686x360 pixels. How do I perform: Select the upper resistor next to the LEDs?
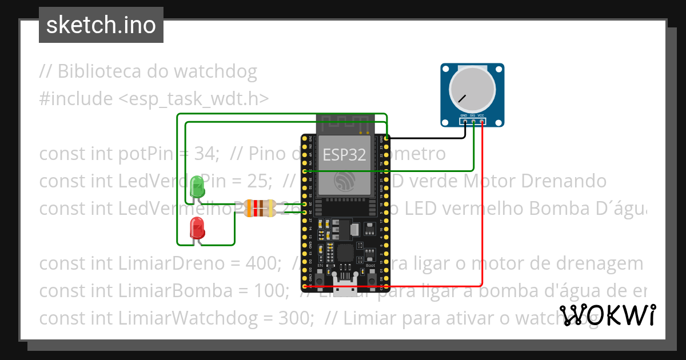tap(260, 203)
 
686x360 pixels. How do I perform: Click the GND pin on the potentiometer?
tap(465, 121)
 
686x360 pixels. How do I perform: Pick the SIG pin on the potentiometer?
tap(473, 121)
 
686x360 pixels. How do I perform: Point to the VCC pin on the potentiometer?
tap(482, 121)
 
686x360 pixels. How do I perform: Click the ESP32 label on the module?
tap(344, 154)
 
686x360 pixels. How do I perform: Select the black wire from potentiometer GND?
tap(429, 138)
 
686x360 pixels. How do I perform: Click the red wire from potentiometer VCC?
tap(482, 229)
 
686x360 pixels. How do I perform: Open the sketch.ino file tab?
tap(101, 25)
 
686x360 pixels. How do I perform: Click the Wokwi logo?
tap(607, 315)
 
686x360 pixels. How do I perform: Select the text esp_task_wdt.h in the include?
tap(194, 99)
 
